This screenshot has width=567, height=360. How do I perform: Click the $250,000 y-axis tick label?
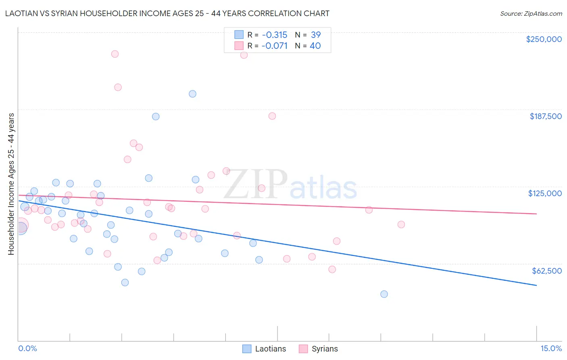coord(544,39)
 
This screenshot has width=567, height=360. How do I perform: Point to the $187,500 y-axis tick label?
coord(545,116)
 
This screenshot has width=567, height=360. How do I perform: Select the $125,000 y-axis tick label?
coord(545,193)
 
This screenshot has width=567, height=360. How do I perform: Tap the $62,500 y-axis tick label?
coord(546,271)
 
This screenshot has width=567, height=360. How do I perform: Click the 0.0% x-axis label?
coord(27,348)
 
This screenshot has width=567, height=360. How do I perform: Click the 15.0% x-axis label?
coord(551,348)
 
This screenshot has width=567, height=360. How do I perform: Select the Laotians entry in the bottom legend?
coord(264,349)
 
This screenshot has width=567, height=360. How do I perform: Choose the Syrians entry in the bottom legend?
coord(318,349)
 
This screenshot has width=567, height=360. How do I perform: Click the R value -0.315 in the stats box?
coord(274,35)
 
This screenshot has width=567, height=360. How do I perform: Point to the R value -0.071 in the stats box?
coord(274,46)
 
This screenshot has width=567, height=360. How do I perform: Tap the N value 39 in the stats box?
coord(315,35)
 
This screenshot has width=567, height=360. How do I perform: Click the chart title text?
coord(167,13)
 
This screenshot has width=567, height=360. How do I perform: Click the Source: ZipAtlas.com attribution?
coord(531,14)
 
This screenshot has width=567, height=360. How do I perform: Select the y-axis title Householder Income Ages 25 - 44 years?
coord(11,184)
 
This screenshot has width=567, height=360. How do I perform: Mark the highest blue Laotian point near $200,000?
coord(192,94)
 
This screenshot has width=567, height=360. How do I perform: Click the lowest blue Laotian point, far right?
coord(384,294)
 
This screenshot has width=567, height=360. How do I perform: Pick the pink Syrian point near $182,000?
coord(272,116)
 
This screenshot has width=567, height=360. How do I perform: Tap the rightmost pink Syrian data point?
coord(401,224)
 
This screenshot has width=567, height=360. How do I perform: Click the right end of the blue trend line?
coord(536,285)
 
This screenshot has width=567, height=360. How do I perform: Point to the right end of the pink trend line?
coord(536,213)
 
